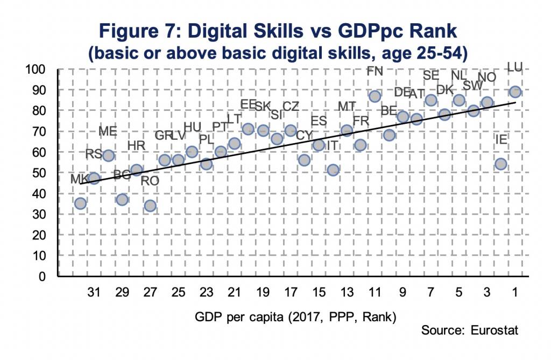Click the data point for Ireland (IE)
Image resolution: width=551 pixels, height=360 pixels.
pos(500,164)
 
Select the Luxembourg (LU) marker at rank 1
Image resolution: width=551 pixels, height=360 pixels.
pos(515,91)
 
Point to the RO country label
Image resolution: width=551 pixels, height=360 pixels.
pos(150,181)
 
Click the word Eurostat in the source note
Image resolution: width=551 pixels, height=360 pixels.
pos(495,329)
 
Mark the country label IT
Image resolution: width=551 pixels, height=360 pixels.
pos(333,145)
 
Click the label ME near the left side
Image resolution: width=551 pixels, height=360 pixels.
pos(108,131)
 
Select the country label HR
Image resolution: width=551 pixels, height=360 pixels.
pos(136,145)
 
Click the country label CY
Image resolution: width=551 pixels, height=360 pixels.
pos(305,135)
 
